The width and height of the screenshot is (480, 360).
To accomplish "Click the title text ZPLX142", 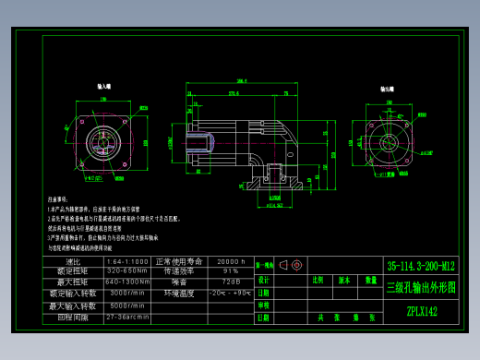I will (x=422, y=311).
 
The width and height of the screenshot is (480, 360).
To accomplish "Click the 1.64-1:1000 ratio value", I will (x=126, y=261).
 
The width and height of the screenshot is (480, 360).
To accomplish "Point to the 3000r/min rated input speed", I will (x=126, y=292).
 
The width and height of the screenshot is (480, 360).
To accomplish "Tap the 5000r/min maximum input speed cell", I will (x=126, y=305).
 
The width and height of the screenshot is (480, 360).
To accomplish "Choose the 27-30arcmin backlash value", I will (x=126, y=316).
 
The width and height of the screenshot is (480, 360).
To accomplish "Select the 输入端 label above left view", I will (x=104, y=86).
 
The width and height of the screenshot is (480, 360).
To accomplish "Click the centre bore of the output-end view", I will (x=390, y=143).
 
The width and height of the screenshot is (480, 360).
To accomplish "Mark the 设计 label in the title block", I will (x=264, y=280).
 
